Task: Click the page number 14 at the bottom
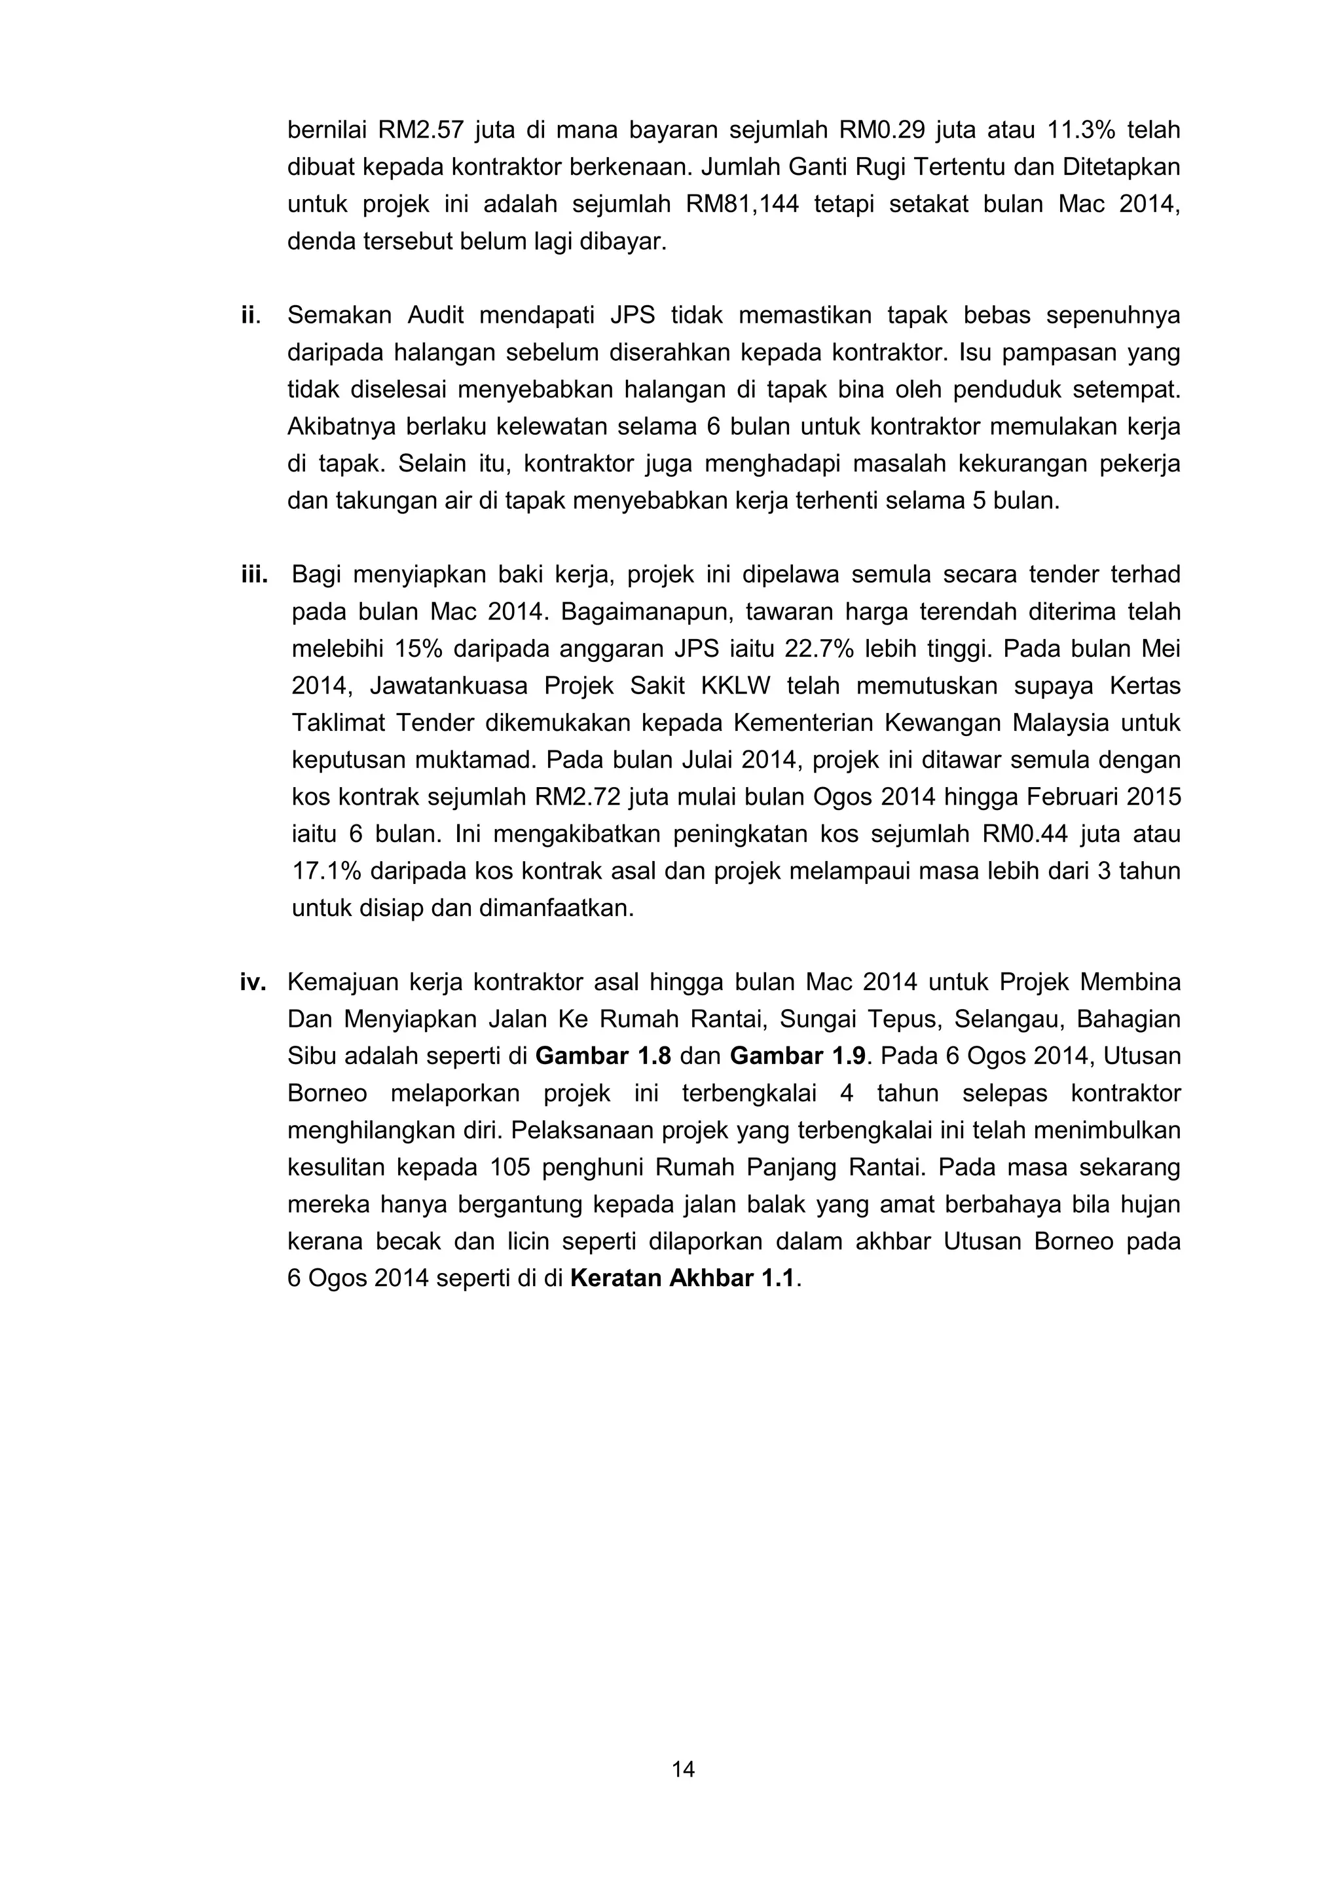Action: [x=682, y=1769]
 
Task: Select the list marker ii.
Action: [x=250, y=315]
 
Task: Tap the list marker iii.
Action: [x=255, y=574]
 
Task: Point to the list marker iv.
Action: [x=253, y=982]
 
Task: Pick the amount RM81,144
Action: [x=742, y=204]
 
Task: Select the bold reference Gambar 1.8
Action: [x=603, y=1056]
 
